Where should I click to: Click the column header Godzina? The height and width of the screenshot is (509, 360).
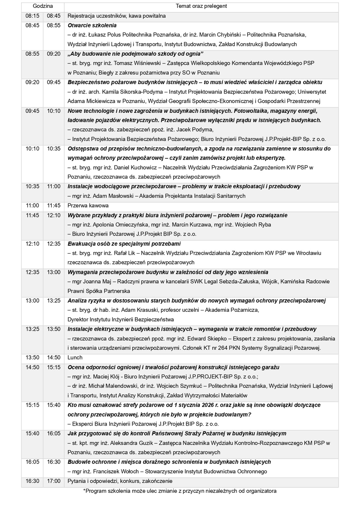click(43, 6)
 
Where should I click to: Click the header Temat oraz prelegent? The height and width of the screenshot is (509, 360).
click(201, 6)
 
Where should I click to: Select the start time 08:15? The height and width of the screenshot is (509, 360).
click(32, 16)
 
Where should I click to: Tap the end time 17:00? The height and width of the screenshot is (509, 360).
click(54, 481)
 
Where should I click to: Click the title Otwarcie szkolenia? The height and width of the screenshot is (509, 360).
click(92, 25)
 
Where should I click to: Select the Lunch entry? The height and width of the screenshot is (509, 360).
click(75, 357)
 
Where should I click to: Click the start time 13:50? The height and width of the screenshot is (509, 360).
click(32, 357)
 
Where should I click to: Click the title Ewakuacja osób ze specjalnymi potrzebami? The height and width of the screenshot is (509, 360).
click(124, 244)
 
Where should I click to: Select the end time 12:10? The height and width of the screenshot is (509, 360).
click(54, 215)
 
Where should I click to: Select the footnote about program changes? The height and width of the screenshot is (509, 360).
click(180, 491)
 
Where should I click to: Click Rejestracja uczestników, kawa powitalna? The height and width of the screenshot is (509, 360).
click(117, 16)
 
